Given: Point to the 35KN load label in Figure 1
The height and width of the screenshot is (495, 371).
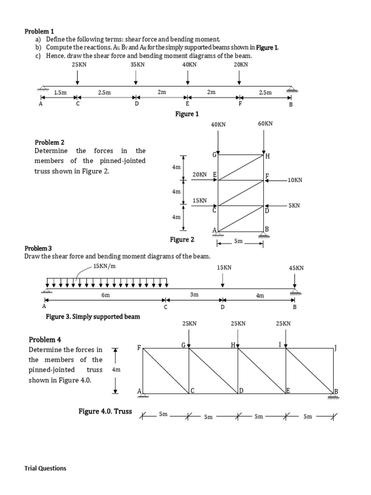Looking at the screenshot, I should click(137, 64).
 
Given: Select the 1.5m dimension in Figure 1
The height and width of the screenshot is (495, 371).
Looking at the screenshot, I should click(60, 92).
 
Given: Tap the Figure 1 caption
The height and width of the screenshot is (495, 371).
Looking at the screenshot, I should click(186, 114).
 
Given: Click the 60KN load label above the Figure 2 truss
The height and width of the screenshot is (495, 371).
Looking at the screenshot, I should click(265, 124).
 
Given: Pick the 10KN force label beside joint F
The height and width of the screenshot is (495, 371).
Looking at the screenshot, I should click(294, 180).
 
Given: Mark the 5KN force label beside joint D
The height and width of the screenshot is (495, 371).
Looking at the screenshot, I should click(294, 205).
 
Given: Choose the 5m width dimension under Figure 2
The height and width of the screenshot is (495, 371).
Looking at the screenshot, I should click(239, 240).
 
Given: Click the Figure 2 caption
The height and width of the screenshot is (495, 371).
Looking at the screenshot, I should click(182, 239).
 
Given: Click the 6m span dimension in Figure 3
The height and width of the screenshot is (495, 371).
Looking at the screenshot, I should click(105, 294).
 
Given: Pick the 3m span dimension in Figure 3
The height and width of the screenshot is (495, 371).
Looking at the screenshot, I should click(194, 294).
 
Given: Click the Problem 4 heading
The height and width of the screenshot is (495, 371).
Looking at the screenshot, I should click(45, 339).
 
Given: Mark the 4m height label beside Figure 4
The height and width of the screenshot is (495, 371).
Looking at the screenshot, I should click(116, 369).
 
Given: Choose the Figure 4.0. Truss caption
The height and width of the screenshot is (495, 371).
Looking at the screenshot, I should click(105, 411).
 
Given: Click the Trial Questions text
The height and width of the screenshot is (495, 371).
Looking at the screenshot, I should click(45, 468).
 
